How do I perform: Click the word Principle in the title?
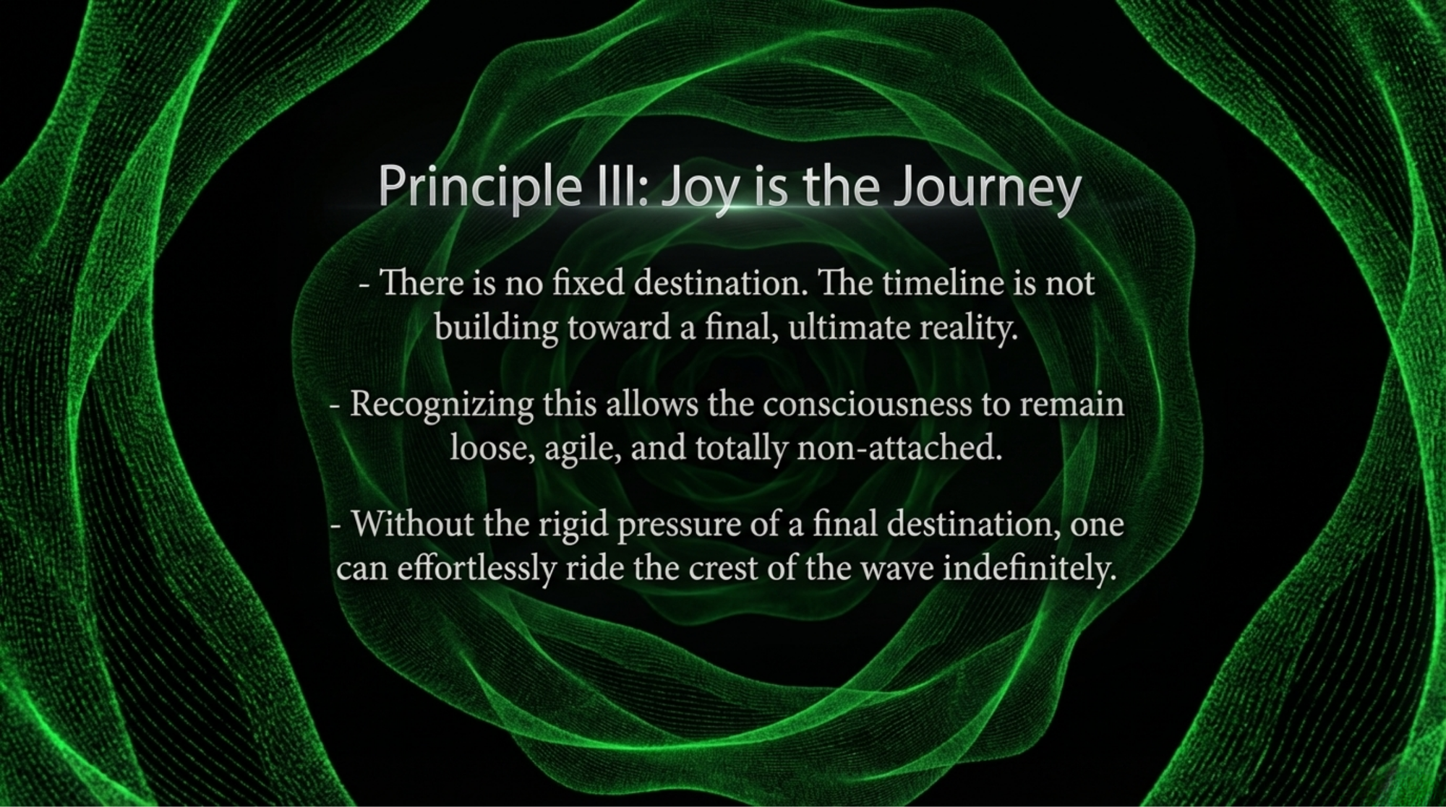(479, 186)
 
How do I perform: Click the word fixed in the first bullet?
(587, 282)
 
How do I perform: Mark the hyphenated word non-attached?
(899, 449)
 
